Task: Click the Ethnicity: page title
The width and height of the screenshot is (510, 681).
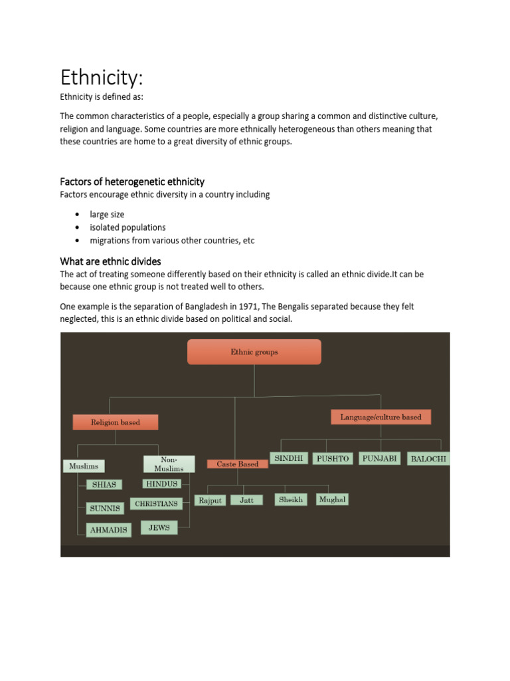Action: (x=102, y=78)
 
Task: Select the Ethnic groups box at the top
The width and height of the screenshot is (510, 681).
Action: (x=254, y=352)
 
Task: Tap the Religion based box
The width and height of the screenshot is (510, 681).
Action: (x=116, y=422)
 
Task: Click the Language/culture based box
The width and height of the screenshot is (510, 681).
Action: (x=381, y=417)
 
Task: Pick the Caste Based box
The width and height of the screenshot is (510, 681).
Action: (x=238, y=464)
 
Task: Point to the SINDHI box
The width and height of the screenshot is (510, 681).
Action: (x=289, y=458)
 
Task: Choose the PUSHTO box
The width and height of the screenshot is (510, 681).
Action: (x=333, y=458)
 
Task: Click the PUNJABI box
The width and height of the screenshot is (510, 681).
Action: (x=380, y=458)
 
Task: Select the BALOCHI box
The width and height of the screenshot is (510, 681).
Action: (x=428, y=458)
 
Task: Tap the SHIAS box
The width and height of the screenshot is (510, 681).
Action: (x=104, y=485)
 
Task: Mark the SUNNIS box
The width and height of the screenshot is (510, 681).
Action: (x=105, y=508)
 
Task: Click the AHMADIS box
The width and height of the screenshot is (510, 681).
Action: (x=108, y=529)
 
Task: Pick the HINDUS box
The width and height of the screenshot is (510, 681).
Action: (x=161, y=483)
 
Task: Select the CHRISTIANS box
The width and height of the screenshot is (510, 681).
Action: (x=156, y=504)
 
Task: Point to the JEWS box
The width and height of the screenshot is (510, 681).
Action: (x=159, y=528)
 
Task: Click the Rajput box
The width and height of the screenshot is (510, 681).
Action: (x=210, y=500)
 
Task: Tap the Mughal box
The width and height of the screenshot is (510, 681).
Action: (x=331, y=499)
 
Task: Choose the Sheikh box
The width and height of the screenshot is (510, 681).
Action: (x=291, y=499)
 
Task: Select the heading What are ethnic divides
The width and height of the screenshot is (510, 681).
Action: (x=110, y=261)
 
